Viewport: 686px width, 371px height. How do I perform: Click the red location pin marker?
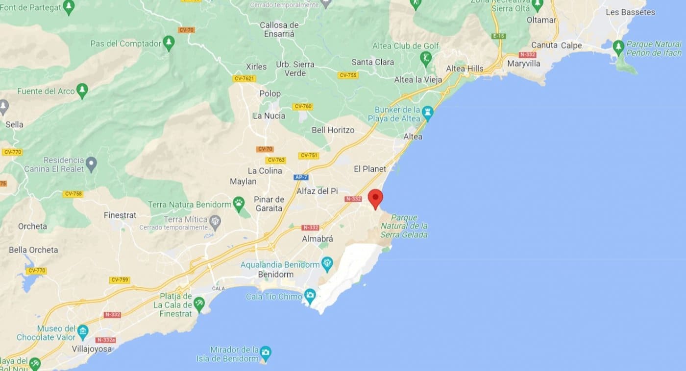pos(375,198)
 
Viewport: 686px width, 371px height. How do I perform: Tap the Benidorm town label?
pos(275,275)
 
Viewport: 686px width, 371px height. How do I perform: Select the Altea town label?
pos(413,137)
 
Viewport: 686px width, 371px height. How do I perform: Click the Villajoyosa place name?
pos(92,349)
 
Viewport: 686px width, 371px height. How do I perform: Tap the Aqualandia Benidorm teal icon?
pos(327,265)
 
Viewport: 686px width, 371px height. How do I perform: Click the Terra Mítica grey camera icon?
pos(215,222)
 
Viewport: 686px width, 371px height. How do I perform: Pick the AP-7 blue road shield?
pos(301,177)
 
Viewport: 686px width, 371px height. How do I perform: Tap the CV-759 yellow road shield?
pos(120,280)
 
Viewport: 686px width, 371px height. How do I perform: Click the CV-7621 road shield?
pos(245,78)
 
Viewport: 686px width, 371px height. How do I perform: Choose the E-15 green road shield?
pos(499,36)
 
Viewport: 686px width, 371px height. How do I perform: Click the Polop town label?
pos(270,93)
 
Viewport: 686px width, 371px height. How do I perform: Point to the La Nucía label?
pos(269,116)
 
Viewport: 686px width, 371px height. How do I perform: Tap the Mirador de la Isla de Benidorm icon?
pos(265,352)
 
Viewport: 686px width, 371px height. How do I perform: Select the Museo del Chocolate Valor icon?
pos(82,331)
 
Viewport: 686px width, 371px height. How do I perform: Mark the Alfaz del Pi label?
pos(317,191)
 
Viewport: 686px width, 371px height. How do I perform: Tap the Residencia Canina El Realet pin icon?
pos(91,162)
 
